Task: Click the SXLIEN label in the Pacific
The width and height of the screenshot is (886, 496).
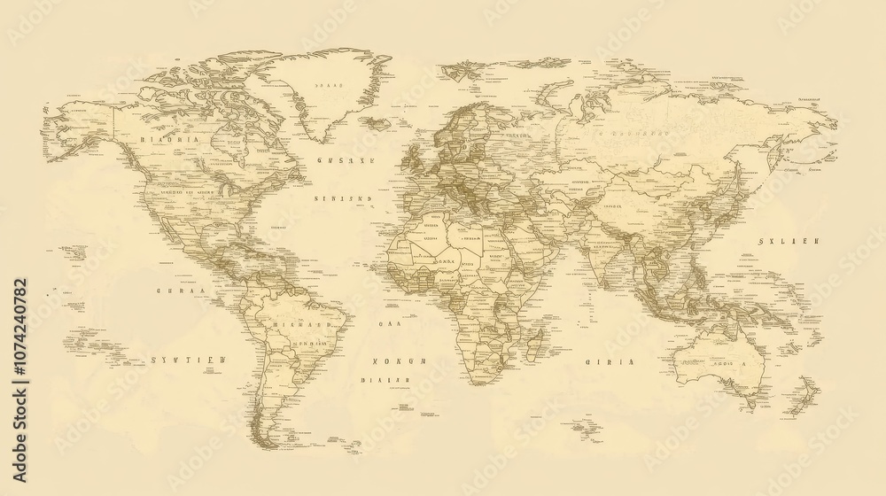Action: coord(789,241)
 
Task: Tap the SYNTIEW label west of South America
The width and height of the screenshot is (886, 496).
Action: coord(188,360)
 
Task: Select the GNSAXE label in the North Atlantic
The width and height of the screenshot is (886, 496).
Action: coord(346,161)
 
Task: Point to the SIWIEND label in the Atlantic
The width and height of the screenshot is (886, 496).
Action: coord(343,199)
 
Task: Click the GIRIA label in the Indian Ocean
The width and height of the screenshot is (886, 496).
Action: coord(610,361)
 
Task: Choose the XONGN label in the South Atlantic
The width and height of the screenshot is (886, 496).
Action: coord(399,361)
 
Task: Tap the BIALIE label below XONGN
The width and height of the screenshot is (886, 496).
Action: coord(385,380)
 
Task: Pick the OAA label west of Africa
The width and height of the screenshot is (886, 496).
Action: coord(390,324)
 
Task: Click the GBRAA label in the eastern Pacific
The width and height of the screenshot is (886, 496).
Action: coord(180,291)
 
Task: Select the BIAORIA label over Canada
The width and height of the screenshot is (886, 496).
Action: coord(170,140)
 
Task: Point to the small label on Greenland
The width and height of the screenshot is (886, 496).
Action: coord(327,85)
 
